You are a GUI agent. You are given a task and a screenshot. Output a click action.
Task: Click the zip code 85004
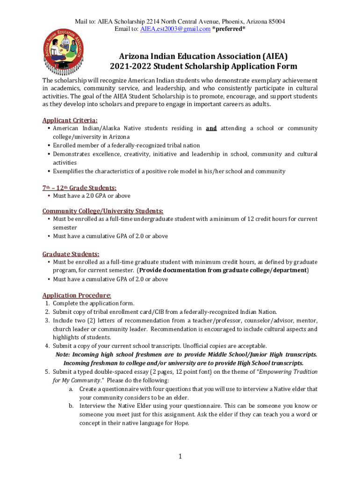275,22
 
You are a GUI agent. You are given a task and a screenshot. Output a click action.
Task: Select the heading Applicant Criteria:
70,120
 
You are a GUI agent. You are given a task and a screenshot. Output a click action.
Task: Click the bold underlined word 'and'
211,128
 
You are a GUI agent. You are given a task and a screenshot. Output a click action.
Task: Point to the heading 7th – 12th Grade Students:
79,188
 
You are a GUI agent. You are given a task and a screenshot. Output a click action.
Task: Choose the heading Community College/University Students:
103,210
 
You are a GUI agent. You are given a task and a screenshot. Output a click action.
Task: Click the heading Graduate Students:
71,254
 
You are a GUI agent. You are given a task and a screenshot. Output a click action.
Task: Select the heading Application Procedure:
77,295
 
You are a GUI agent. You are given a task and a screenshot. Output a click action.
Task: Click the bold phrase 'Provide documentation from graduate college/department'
223,270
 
